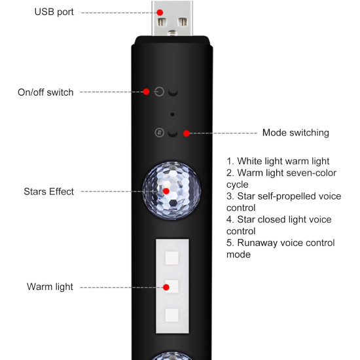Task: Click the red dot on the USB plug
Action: [159, 12]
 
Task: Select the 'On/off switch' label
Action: [45, 92]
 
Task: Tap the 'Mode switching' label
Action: [295, 133]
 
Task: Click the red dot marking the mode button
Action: [187, 133]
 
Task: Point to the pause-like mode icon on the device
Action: [158, 133]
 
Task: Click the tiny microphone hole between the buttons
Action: [171, 113]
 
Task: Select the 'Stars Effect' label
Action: [49, 192]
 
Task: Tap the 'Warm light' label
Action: [50, 287]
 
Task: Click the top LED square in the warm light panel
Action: [171, 257]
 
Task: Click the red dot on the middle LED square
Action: [166, 287]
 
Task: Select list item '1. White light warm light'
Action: [278, 161]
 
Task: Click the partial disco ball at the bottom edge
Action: [171, 357]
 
